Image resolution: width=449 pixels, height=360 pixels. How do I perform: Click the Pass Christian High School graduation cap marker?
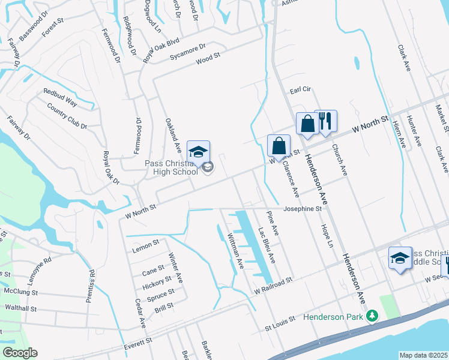tap(198, 152)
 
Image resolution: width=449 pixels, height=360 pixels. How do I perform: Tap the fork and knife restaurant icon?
tap(325, 121)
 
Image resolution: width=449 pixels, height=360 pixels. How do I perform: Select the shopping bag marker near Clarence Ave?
tap(279, 146)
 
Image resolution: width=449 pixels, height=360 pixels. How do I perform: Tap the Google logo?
tap(20, 353)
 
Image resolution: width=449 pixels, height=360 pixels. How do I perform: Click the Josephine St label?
tap(303, 209)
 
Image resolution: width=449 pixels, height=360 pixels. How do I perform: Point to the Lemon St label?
tap(146, 244)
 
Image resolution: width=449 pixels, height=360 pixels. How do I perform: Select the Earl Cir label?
tap(300, 89)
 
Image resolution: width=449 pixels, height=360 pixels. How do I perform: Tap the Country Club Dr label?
tap(67, 116)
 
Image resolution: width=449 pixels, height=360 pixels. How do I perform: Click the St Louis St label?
tap(281, 325)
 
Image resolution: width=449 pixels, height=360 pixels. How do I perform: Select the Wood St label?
tap(208, 58)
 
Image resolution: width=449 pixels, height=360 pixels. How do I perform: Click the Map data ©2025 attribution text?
tap(423, 355)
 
